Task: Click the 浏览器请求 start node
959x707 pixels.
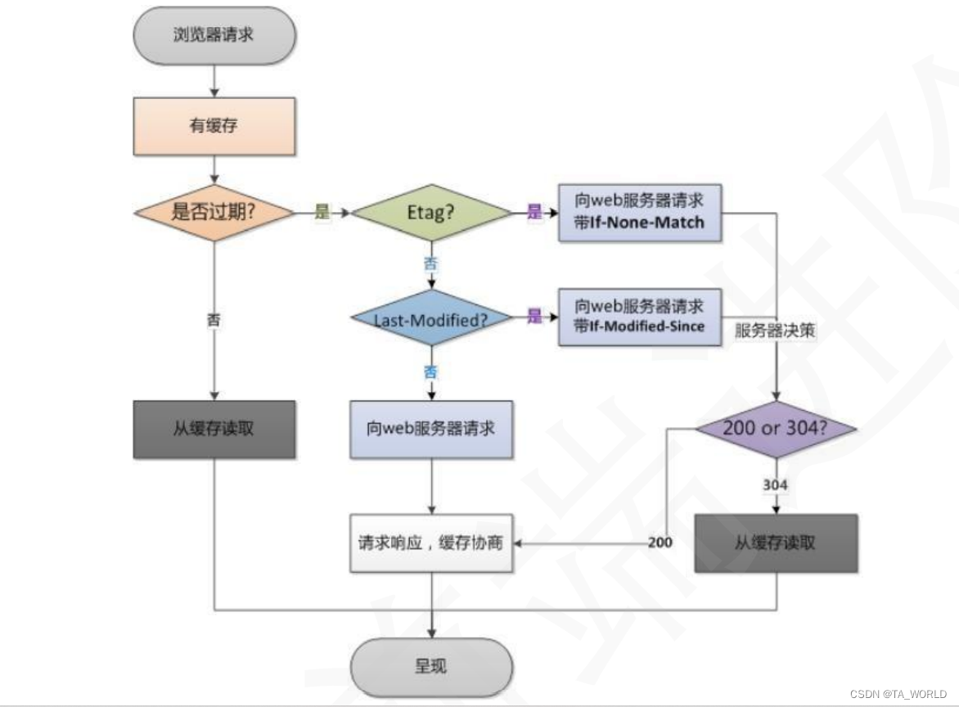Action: [x=214, y=36]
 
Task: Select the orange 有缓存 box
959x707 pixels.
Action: [x=214, y=126]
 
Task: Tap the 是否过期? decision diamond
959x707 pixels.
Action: [x=214, y=213]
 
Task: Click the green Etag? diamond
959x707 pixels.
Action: [x=430, y=213]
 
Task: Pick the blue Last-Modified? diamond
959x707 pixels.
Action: [x=430, y=317]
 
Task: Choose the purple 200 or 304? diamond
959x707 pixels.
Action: [x=775, y=428]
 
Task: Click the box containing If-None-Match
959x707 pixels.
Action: [x=640, y=212]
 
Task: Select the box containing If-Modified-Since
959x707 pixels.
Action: [x=640, y=317]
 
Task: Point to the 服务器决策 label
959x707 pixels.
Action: [x=775, y=331]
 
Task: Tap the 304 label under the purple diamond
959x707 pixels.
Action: [x=775, y=485]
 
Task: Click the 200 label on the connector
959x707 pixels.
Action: [x=660, y=543]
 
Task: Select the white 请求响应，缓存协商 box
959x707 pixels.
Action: [x=430, y=543]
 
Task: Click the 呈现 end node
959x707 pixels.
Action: [x=430, y=666]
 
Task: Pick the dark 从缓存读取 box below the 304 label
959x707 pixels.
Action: [x=775, y=543]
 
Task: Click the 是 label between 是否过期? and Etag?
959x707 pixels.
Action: [x=322, y=213]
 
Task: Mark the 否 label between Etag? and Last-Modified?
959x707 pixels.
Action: [x=430, y=263]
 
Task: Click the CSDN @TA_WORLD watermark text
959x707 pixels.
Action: [x=898, y=693]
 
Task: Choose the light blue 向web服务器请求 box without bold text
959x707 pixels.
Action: [x=430, y=429]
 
